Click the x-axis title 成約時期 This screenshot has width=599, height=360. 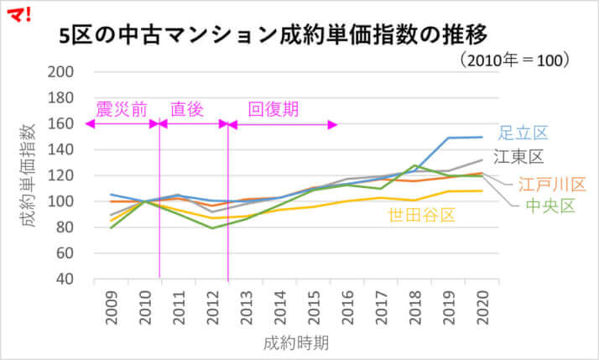tap(295, 342)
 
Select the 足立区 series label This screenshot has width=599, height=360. tap(523, 133)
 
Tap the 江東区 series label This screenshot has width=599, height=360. tap(518, 157)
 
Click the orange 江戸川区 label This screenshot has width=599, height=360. tap(551, 184)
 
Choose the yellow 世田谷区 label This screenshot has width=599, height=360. tap(421, 216)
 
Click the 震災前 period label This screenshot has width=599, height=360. tap(122, 109)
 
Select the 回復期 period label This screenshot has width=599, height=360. tap(273, 109)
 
